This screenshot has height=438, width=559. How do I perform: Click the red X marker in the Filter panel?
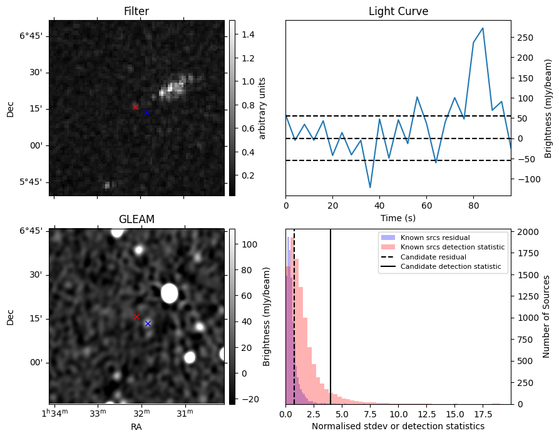click(x=135, y=107)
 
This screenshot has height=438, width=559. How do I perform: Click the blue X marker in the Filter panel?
click(x=146, y=113)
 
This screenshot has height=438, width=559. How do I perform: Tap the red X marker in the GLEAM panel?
click(x=136, y=316)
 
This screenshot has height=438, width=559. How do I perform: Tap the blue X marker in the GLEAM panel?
click(x=148, y=324)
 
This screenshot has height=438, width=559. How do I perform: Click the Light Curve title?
click(x=398, y=11)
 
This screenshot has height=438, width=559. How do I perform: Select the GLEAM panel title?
click(x=136, y=219)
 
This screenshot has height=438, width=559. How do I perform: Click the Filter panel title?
click(x=136, y=11)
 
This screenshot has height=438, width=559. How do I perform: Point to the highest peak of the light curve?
click(x=483, y=28)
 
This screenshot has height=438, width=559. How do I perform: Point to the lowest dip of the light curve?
click(x=370, y=187)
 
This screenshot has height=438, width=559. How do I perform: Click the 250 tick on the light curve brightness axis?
click(x=525, y=38)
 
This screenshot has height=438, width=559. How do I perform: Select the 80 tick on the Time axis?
click(x=473, y=206)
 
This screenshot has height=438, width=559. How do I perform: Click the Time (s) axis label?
click(x=398, y=218)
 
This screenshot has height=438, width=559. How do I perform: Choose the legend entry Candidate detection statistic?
click(x=451, y=266)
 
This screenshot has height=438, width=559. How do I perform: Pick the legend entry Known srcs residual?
click(x=435, y=237)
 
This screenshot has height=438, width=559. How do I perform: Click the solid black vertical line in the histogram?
click(x=331, y=316)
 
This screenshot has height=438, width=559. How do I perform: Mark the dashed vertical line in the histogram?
click(x=294, y=316)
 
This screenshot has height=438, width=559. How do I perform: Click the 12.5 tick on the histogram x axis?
click(x=426, y=414)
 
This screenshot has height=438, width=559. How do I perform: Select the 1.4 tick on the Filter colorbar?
click(x=248, y=34)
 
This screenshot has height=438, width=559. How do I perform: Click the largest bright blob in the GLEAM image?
click(x=170, y=293)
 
